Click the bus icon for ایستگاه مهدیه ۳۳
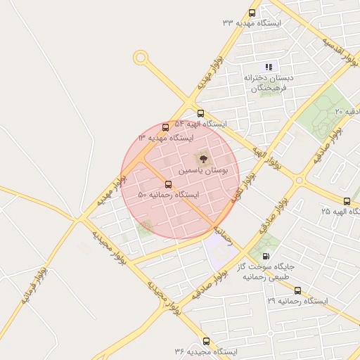[x=252, y=13]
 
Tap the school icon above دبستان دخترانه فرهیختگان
[x=268, y=67]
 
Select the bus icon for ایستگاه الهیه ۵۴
[x=200, y=112]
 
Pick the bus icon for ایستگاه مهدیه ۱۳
[x=165, y=127]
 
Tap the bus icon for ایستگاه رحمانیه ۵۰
[x=167, y=184]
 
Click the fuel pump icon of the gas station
[x=266, y=256]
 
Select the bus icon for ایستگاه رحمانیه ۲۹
[x=297, y=290]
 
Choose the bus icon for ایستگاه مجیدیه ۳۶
[x=205, y=341]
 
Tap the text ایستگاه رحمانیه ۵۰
[x=169, y=195]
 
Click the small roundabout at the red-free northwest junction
[x=141, y=57]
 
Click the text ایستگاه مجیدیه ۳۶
[x=206, y=351]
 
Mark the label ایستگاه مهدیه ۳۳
[x=251, y=23]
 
